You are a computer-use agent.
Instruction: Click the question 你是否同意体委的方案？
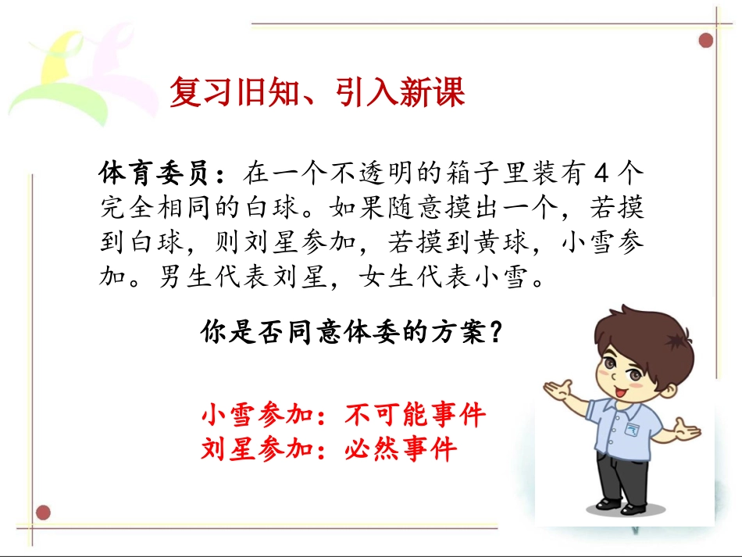click(351, 333)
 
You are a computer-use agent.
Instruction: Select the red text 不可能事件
click(415, 414)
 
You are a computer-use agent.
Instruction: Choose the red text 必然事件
click(400, 449)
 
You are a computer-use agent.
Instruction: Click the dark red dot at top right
click(706, 40)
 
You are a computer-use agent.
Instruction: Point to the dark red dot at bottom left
click(44, 512)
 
